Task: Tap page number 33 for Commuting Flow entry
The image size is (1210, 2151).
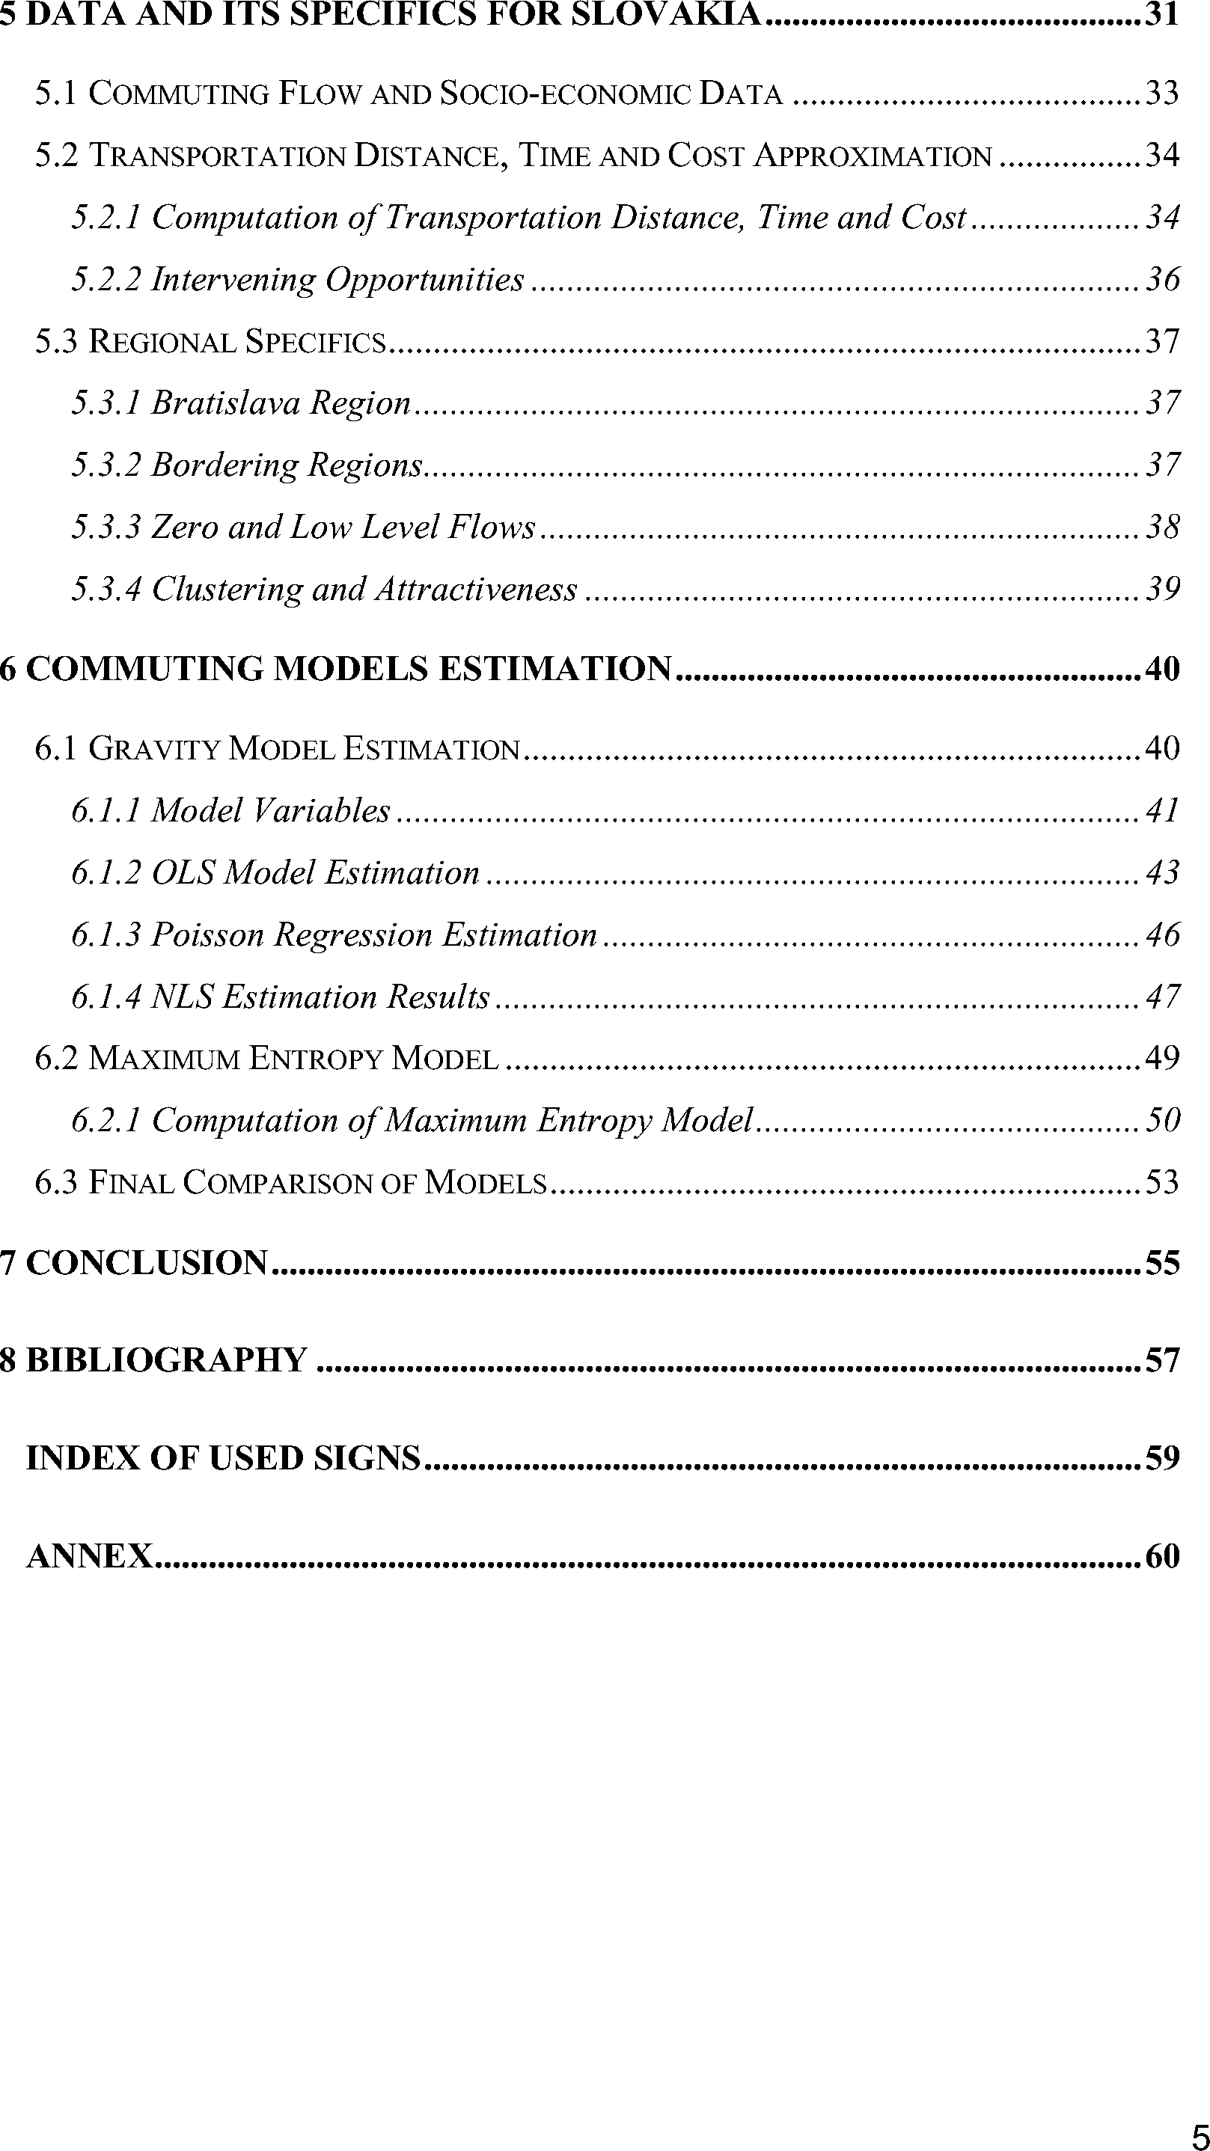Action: pos(1162,93)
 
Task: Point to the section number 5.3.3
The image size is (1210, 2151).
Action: pos(106,527)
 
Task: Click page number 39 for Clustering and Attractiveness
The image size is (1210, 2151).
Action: pos(1162,589)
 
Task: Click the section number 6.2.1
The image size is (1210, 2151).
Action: pos(106,1121)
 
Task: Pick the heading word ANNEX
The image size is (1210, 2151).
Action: pos(89,1555)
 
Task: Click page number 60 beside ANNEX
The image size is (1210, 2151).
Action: pos(1162,1555)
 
